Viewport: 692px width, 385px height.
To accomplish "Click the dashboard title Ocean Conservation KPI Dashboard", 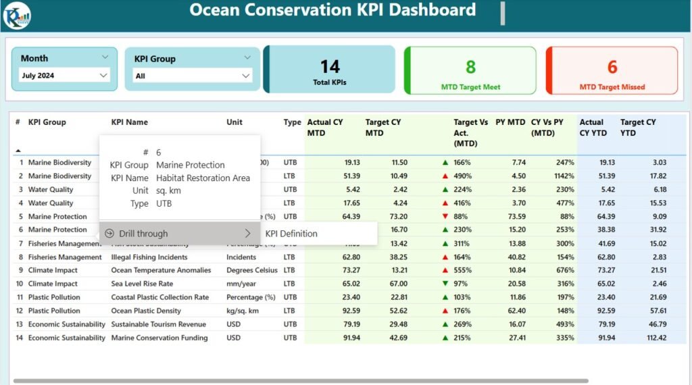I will coord(332,10).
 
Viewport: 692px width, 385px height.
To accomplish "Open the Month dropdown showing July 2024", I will coord(65,76).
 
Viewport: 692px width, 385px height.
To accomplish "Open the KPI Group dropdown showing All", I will coord(193,76).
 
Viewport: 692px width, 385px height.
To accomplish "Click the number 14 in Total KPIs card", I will coord(329,66).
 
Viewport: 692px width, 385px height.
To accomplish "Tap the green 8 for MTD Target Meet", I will coord(470,67).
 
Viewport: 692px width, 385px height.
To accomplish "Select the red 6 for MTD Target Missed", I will coord(612,67).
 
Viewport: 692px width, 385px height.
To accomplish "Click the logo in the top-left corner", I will coord(16,15).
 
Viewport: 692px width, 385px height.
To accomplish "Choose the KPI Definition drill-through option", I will coord(291,234).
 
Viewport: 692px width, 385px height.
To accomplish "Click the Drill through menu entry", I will coord(143,234).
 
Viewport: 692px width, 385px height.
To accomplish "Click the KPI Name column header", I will coord(130,122).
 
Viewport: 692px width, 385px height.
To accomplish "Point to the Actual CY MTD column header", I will coord(325,127).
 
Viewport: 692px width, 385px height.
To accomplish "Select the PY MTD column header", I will coord(510,122).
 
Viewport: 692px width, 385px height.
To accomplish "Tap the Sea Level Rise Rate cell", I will coord(142,284).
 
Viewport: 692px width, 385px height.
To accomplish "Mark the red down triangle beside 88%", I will coord(444,217).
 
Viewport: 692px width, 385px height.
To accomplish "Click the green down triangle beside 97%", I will coord(444,284).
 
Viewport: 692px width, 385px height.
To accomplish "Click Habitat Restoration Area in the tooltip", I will coord(203,178).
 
